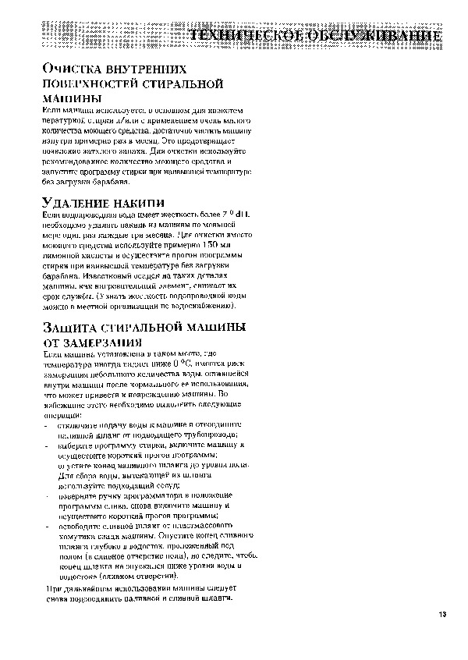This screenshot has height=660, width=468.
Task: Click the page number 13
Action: tap(442, 616)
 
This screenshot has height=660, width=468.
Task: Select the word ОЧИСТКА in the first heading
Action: tap(73, 69)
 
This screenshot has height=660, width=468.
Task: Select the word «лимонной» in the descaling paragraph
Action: tap(64, 255)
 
